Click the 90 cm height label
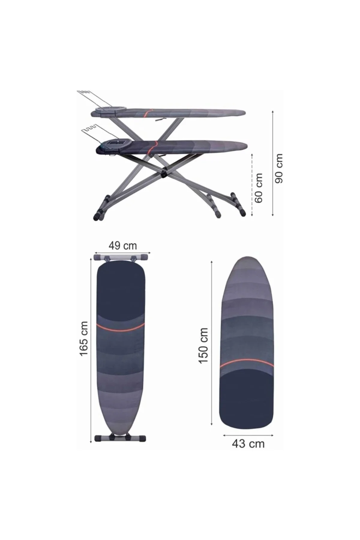tap(279, 168)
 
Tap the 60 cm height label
tap(258, 188)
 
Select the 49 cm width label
tap(122, 245)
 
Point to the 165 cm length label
tap(84, 339)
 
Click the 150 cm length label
tap(203, 345)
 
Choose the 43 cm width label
tap(248, 444)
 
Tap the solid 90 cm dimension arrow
tap(272, 163)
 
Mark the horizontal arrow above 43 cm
tap(248, 434)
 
